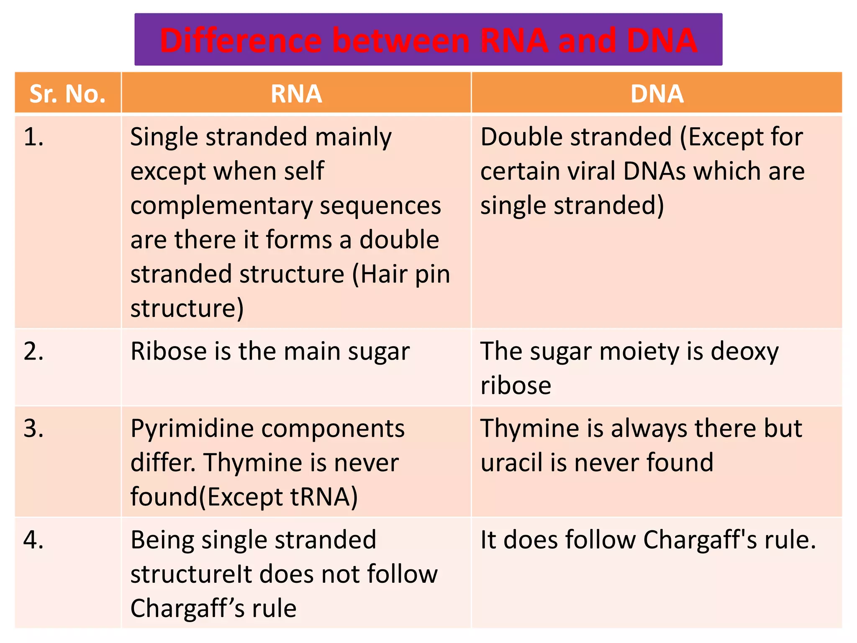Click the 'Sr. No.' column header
pos(67,93)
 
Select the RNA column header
pos(296,93)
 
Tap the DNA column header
pos(657,93)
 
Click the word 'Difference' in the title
pos(241,40)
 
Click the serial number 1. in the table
pos(33,137)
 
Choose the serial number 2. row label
pos(33,351)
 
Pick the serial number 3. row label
pos(33,428)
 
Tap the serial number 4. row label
pos(33,539)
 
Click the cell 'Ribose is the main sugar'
pos(270,351)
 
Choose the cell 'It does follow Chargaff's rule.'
pos(648,540)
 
